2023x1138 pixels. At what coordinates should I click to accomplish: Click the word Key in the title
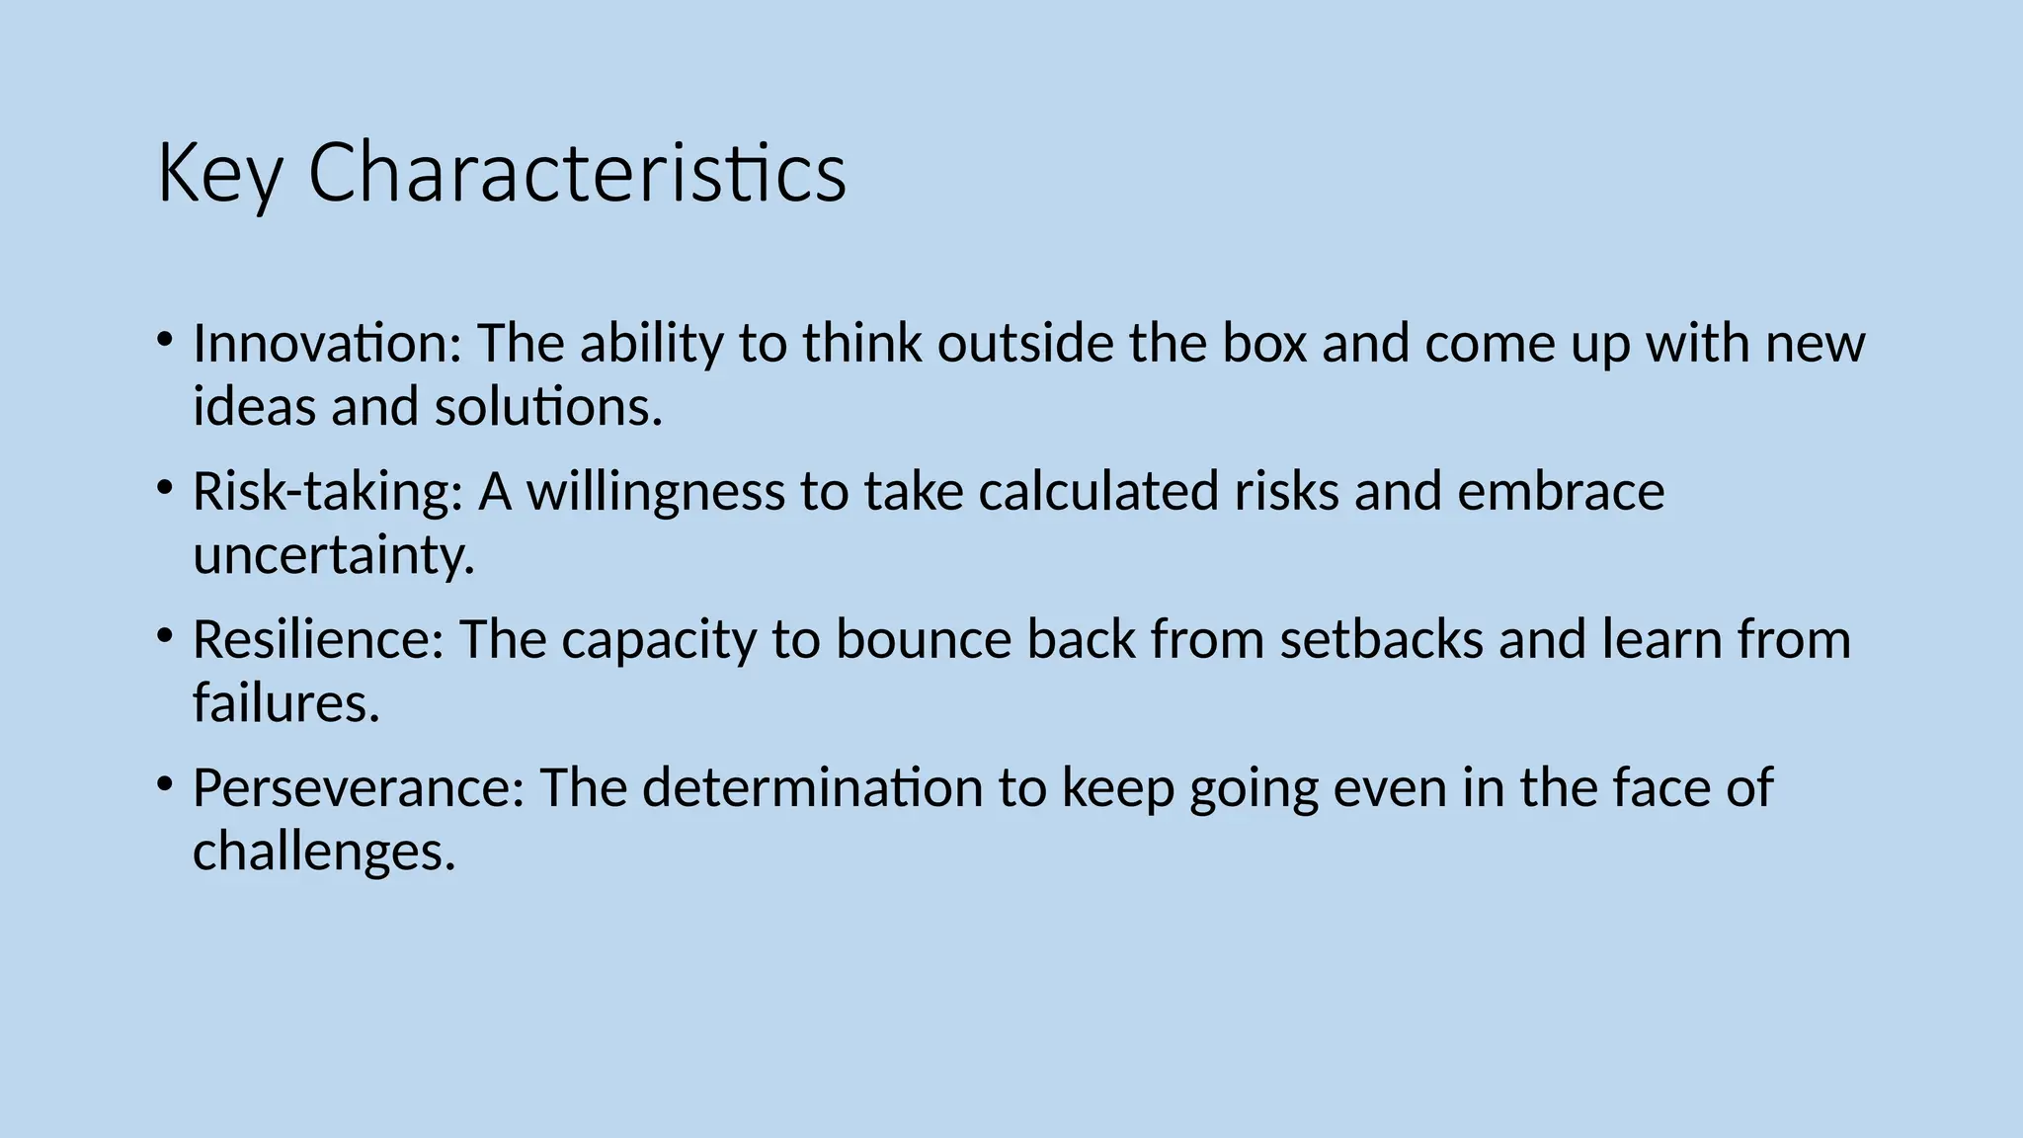click(x=219, y=174)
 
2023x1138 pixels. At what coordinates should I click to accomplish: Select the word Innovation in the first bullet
click(x=327, y=344)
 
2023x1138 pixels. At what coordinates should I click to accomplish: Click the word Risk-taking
click(x=327, y=492)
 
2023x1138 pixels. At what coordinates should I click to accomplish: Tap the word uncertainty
click(x=334, y=555)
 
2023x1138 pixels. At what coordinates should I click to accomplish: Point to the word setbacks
click(x=1382, y=640)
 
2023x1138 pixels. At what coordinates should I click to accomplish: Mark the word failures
click(x=285, y=703)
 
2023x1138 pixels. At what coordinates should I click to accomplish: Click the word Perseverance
click(x=358, y=788)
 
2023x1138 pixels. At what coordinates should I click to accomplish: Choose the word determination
click(x=812, y=788)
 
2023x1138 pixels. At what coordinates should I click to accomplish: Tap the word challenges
click(x=324, y=852)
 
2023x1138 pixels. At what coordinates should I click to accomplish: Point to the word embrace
click(x=1561, y=492)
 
